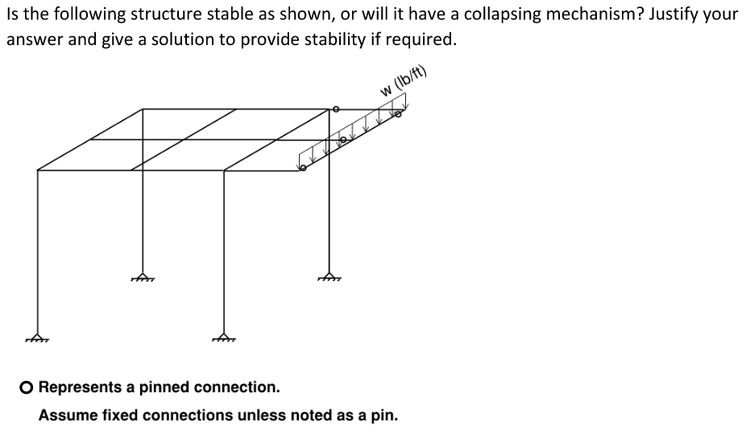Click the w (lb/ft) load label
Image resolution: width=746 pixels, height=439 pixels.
click(404, 83)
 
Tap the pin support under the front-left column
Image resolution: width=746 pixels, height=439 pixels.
click(38, 337)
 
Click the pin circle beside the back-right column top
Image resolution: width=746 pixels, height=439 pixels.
click(337, 109)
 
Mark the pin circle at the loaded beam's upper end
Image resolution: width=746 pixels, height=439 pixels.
click(396, 114)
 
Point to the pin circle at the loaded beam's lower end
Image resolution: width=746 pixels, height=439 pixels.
click(303, 168)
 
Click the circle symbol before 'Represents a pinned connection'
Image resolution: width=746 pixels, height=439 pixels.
click(27, 387)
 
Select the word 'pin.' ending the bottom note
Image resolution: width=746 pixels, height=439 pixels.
click(383, 416)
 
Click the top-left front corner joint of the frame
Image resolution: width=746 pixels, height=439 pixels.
click(38, 170)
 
